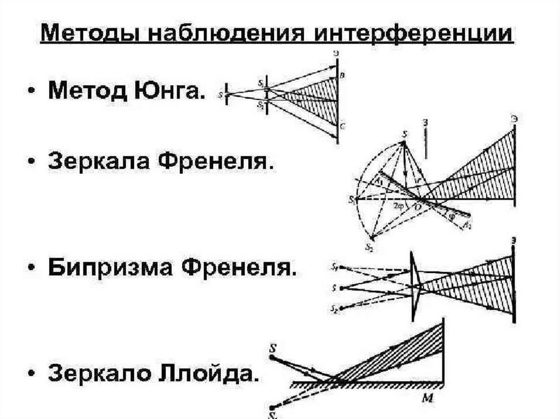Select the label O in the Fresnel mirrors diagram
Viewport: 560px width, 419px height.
pyautogui.click(x=418, y=208)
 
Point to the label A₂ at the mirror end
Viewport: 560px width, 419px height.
pyautogui.click(x=466, y=225)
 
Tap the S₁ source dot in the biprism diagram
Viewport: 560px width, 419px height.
pyautogui.click(x=341, y=267)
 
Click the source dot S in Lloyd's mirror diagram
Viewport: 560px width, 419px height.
pyautogui.click(x=272, y=357)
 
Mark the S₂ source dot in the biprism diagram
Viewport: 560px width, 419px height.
pyautogui.click(x=341, y=308)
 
